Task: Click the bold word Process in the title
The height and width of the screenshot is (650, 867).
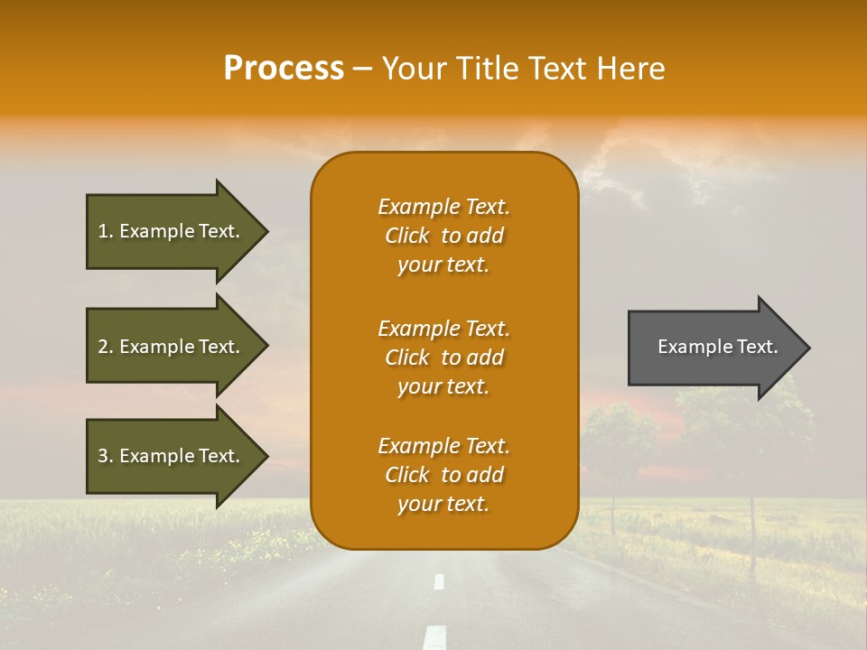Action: pyautogui.click(x=284, y=69)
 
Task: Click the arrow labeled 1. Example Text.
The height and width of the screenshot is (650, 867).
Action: pyautogui.click(x=172, y=231)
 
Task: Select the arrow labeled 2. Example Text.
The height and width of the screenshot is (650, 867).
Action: pyautogui.click(x=172, y=347)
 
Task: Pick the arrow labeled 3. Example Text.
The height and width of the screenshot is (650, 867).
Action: pyautogui.click(x=172, y=456)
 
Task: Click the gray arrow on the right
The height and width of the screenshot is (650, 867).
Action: pyautogui.click(x=713, y=348)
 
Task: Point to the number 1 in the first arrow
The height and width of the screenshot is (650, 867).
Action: pyautogui.click(x=103, y=231)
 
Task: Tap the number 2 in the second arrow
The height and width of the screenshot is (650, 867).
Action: pyautogui.click(x=103, y=347)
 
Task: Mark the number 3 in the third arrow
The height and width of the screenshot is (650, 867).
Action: pyautogui.click(x=103, y=456)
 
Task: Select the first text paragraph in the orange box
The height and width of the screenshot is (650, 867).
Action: pyautogui.click(x=443, y=236)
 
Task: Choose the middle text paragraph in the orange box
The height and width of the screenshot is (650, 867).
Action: pyautogui.click(x=443, y=357)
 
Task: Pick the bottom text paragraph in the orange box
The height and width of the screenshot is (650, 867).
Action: pyautogui.click(x=443, y=475)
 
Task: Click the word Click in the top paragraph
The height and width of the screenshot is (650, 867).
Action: pyautogui.click(x=406, y=236)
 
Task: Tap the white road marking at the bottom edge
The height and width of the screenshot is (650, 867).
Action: pyautogui.click(x=435, y=638)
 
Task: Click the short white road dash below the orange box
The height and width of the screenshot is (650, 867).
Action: pyautogui.click(x=439, y=581)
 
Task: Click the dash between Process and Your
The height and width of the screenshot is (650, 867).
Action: pyautogui.click(x=362, y=69)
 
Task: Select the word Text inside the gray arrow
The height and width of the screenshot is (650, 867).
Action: pyautogui.click(x=758, y=347)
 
